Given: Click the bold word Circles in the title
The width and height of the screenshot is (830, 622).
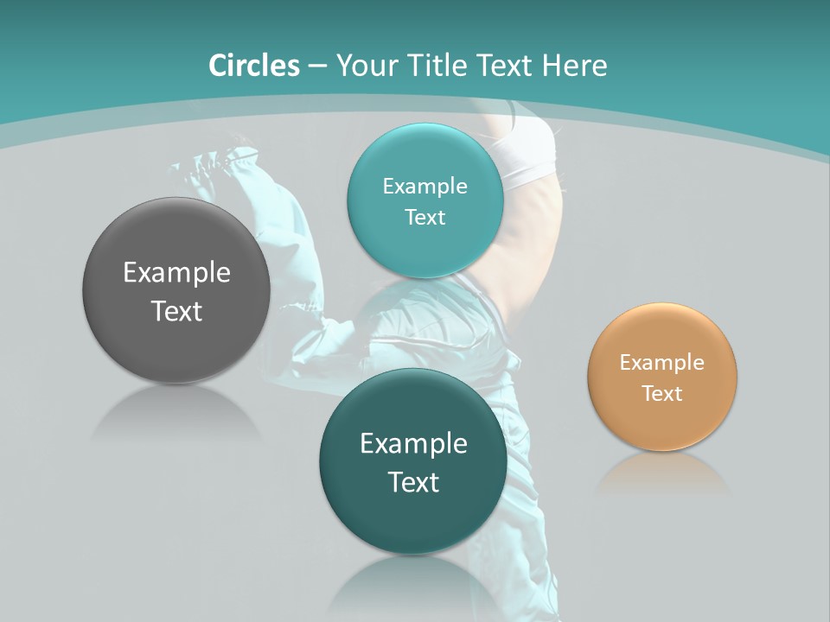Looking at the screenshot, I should pos(253,66).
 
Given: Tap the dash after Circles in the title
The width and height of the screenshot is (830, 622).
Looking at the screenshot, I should pos(316,67).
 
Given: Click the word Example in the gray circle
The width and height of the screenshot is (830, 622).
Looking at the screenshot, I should pos(176,273).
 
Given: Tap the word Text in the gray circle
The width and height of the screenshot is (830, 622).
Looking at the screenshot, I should pos(176,311).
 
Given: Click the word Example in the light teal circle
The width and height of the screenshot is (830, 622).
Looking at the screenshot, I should pos(425,187).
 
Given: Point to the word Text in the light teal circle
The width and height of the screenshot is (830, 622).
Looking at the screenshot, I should pos(425,217).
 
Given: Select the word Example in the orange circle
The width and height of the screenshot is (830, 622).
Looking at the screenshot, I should pos(662,363).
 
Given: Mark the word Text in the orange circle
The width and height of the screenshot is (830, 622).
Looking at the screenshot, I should pos(662,394).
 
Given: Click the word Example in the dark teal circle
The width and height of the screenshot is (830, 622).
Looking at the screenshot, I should pos(414,444).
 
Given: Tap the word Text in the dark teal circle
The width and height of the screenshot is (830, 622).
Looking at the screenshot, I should pos(414,482).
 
